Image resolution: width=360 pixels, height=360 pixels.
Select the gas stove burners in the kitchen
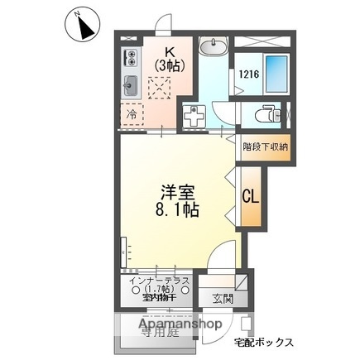130,58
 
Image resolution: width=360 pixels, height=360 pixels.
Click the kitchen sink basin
131,85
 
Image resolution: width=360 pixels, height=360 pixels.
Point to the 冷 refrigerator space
132,114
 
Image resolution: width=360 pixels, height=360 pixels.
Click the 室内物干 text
159,296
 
